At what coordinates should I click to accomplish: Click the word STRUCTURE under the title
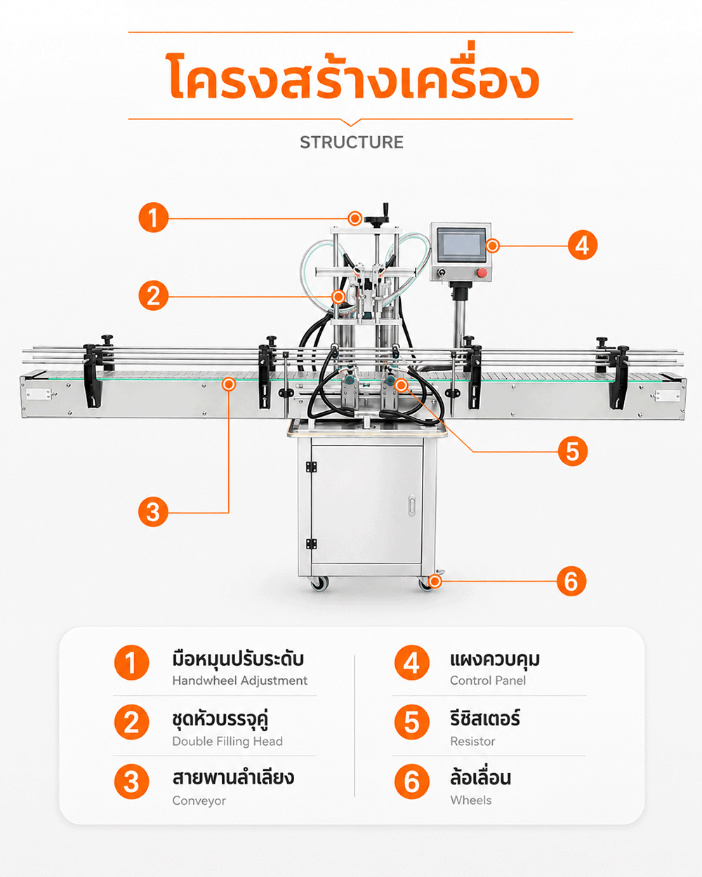(352, 142)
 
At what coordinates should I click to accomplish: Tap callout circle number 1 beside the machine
(153, 217)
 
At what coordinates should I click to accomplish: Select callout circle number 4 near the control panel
(583, 245)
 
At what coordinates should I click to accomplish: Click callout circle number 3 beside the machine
(153, 512)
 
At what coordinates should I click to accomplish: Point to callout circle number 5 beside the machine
(573, 451)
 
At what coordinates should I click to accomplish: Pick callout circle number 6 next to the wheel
(571, 581)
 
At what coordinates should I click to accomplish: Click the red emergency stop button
(482, 272)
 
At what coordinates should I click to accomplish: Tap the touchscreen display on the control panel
(461, 245)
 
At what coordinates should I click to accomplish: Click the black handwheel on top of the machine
(376, 219)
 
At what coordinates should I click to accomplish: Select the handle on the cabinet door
(411, 505)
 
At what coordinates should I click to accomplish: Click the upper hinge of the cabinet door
(311, 467)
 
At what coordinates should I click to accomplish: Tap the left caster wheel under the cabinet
(319, 584)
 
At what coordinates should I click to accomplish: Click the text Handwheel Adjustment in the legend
(239, 681)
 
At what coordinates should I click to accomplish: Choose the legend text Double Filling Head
(227, 741)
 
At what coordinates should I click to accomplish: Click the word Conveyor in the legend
(199, 801)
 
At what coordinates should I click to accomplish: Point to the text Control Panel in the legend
(487, 681)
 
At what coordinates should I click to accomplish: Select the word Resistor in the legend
(472, 741)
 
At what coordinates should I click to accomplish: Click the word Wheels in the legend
(471, 801)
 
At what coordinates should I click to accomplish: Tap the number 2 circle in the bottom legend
(131, 722)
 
